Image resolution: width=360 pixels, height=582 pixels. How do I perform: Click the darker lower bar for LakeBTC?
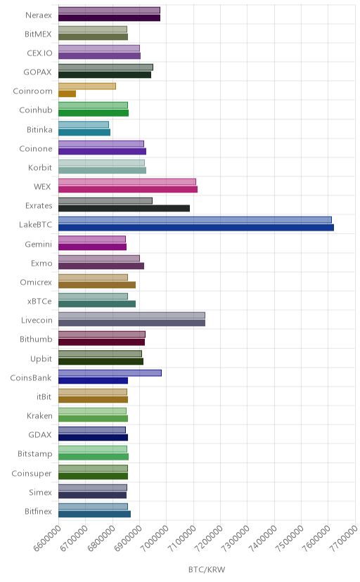coord(196,228)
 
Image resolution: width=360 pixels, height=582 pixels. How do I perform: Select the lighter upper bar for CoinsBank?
coord(110,373)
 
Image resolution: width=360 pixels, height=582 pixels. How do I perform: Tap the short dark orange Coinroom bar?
coord(67,94)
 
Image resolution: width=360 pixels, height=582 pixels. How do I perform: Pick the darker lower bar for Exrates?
coord(124,208)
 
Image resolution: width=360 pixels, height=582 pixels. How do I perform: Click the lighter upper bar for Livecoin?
coord(131,316)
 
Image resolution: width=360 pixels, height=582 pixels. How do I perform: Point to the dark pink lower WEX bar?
coord(128,189)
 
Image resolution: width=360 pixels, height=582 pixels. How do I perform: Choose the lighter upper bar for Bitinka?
coord(84,124)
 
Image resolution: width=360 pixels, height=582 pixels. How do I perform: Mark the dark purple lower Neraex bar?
coord(110,18)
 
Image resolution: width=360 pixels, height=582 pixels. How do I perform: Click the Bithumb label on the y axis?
coord(36,339)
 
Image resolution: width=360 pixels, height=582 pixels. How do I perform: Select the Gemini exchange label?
coord(39,244)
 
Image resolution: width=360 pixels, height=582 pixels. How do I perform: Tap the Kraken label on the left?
coord(39,415)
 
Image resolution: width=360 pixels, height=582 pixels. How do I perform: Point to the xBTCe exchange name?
coord(39,301)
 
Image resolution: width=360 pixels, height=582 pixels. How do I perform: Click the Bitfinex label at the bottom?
coord(38,511)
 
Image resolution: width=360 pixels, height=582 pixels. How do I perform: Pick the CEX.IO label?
coord(39,53)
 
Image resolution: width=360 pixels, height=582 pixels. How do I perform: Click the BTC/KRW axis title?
coord(207,570)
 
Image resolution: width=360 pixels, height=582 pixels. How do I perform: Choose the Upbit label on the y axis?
coord(41,359)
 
